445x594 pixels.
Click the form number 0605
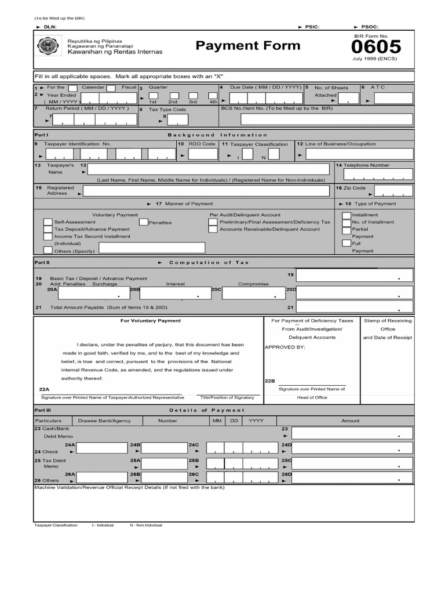[x=376, y=46]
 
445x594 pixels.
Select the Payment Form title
[x=248, y=46]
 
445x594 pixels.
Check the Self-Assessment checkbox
[x=48, y=222]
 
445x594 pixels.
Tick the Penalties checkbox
[x=143, y=222]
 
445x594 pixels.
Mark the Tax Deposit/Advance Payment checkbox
[x=48, y=230]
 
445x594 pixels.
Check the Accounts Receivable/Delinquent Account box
[x=213, y=229]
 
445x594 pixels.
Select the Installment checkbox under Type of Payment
[x=346, y=215]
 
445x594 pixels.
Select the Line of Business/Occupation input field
[x=359, y=154]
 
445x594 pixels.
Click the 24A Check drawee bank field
[x=102, y=447]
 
